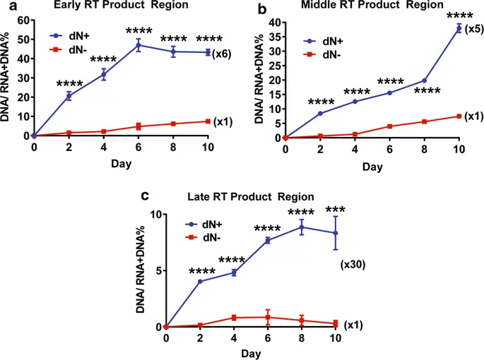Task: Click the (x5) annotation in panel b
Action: pyautogui.click(x=475, y=29)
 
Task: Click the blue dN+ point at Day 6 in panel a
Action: pyautogui.click(x=138, y=45)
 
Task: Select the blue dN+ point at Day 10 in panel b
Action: pyautogui.click(x=459, y=28)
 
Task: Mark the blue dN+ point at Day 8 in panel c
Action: pyautogui.click(x=302, y=227)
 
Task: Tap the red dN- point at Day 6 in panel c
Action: pyautogui.click(x=268, y=317)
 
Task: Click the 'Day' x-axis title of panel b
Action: pyautogui.click(x=372, y=167)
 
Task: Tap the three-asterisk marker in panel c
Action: pyautogui.click(x=335, y=209)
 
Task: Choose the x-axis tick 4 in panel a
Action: pyautogui.click(x=104, y=148)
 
